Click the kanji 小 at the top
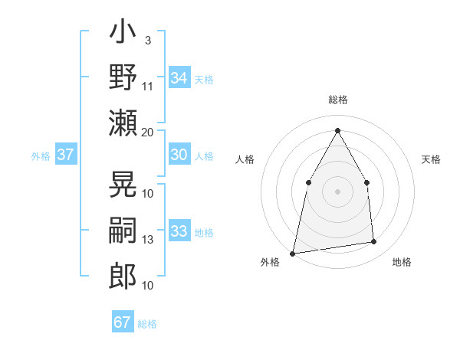[123, 35]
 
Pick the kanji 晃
[123, 182]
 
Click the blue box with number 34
[179, 77]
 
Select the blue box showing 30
[179, 155]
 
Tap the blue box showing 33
[179, 231]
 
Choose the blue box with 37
[65, 155]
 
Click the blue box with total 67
[122, 322]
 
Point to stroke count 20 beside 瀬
[148, 132]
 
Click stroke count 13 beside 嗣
[148, 240]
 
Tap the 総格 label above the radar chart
[337, 100]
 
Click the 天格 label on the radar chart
[431, 159]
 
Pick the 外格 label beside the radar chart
[270, 263]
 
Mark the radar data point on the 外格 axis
[292, 253]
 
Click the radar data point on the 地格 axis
[374, 242]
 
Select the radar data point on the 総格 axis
[337, 130]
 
